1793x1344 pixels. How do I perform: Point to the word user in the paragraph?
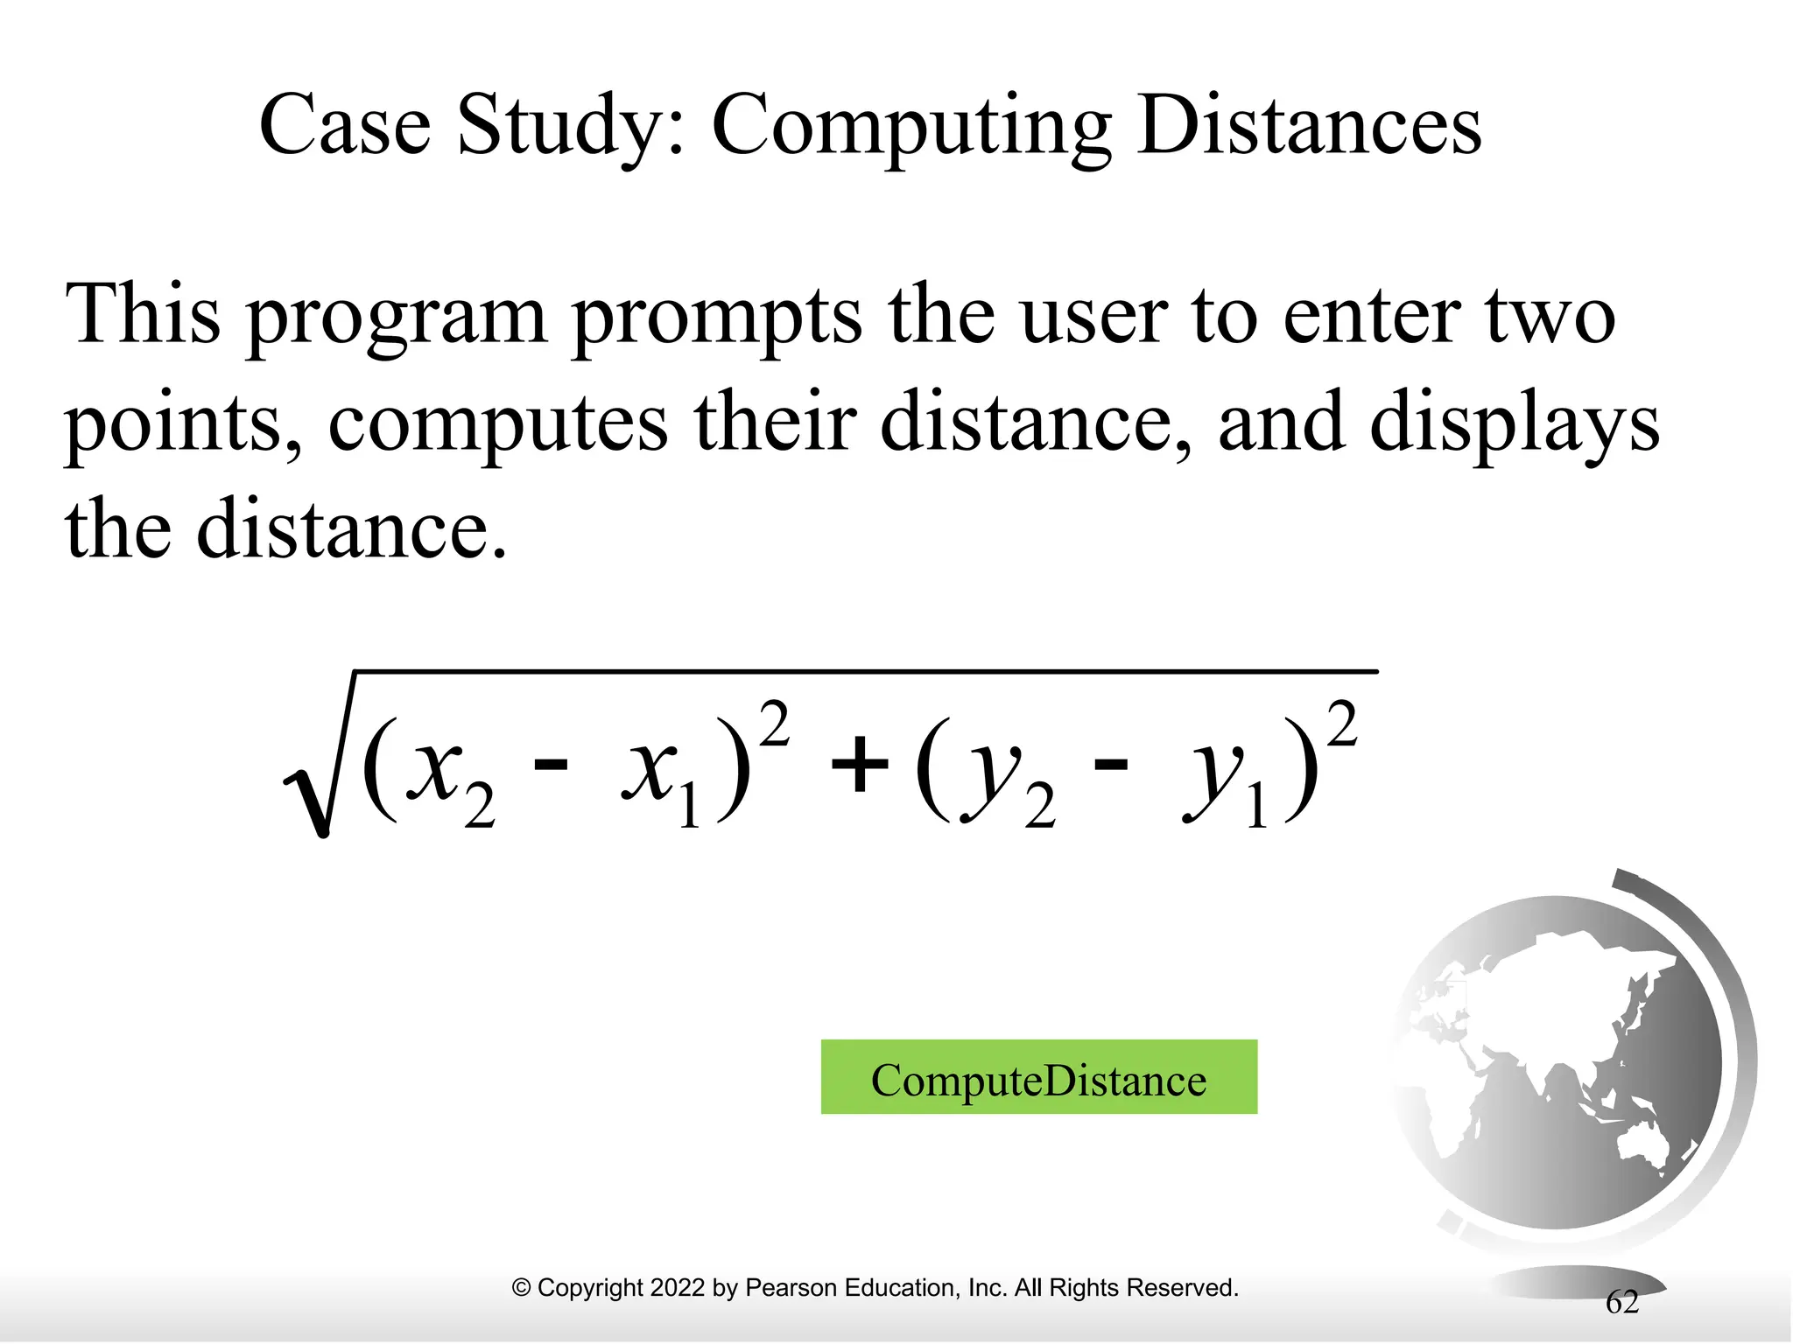click(x=1094, y=317)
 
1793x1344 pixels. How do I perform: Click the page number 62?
click(x=1621, y=1302)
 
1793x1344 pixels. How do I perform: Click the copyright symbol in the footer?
click(x=521, y=1287)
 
